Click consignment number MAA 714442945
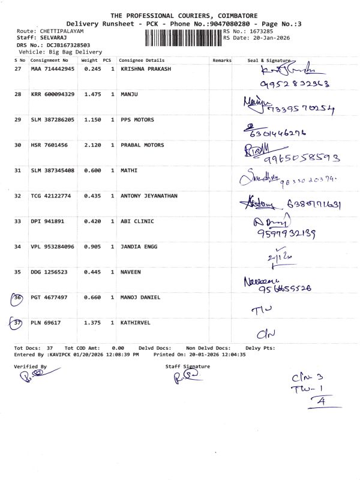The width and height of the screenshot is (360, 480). (53, 69)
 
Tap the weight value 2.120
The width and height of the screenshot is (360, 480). (89, 145)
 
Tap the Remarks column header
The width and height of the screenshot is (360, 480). (222, 61)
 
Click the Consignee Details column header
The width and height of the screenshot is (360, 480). (142, 61)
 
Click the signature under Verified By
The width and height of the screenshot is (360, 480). (31, 377)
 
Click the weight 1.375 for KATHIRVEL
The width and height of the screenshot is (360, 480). (89, 323)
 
